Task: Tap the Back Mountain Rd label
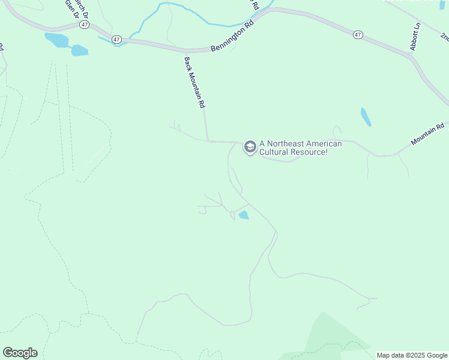(194, 82)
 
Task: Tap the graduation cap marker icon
(250, 147)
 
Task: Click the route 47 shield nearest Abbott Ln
(358, 35)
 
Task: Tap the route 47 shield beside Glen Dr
(85, 25)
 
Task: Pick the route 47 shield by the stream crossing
(116, 39)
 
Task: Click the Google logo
(20, 353)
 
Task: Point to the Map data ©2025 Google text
(412, 355)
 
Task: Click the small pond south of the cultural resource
(243, 215)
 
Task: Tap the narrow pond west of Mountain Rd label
(366, 116)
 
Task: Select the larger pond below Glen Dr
(57, 40)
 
